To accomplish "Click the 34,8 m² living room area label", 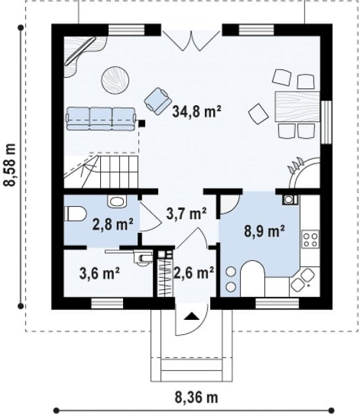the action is pos(196,111).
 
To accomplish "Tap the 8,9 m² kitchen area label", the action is pos(264,232).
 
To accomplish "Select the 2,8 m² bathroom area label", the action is pos(113,224).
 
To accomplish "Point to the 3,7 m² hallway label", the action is pos(187,213).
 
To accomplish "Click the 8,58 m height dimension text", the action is pos(10,165).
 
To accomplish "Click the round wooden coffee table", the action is pos(115,80).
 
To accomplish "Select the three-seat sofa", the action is pos(101,119).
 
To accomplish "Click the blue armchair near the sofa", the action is pos(157,101).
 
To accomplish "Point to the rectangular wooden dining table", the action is pos(297,107).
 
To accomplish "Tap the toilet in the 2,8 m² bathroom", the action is pos(75,214).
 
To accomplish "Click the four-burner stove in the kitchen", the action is pos(310,239).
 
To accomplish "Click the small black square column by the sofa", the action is pos(142,123).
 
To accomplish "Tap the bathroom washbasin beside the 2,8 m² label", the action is pos(117,201).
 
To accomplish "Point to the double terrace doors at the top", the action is pos(191,41).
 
